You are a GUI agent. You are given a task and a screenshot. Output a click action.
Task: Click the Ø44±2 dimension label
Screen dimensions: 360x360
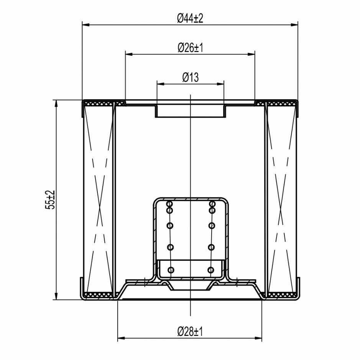coord(190,18)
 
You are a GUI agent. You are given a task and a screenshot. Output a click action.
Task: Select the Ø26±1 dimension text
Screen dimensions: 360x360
coord(190,48)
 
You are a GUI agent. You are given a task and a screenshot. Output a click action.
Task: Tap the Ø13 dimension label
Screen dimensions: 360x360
coord(190,77)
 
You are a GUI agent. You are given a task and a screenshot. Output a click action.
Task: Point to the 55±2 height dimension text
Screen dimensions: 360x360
coord(50,200)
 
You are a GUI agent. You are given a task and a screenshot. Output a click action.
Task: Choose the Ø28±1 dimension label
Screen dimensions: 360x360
coord(190,332)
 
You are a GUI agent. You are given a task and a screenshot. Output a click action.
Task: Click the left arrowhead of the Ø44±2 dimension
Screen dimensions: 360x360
coord(85,25)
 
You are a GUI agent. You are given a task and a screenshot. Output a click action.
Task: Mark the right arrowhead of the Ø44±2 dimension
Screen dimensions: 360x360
coord(294,25)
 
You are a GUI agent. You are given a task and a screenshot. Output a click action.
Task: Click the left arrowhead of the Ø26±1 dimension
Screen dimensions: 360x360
coord(129,54)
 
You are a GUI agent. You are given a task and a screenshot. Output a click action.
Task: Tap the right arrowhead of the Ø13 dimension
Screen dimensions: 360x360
coord(220,84)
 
